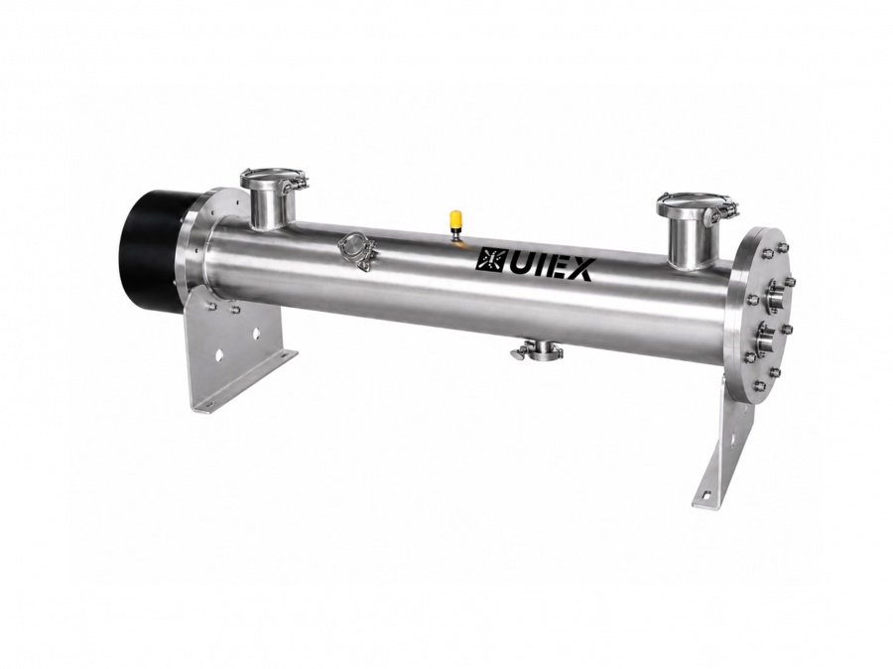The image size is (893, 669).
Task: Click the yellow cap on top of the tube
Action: click(455, 218)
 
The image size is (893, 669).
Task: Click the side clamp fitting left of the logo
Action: click(357, 251)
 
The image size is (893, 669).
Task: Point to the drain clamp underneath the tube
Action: click(537, 352)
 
